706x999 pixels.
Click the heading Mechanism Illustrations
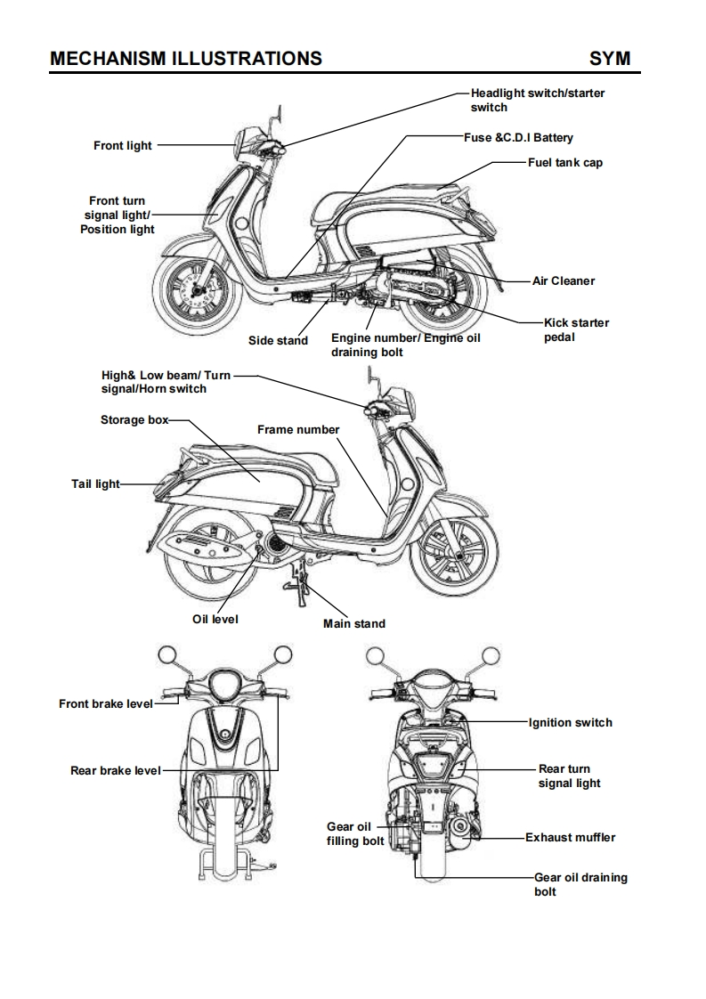[186, 59]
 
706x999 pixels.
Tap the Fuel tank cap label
[564, 163]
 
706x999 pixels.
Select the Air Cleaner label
[563, 280]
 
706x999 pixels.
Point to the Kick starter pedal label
[576, 329]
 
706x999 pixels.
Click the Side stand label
[278, 340]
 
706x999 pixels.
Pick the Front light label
[123, 145]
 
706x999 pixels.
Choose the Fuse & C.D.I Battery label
[518, 137]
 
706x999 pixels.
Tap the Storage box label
[134, 419]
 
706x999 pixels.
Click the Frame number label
[298, 429]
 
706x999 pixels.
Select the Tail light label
[95, 484]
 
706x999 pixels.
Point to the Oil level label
[215, 619]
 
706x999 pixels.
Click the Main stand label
[354, 623]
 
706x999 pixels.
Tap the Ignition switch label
[570, 722]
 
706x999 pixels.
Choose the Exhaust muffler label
[570, 837]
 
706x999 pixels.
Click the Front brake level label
[106, 703]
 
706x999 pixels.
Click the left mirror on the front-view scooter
[168, 655]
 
